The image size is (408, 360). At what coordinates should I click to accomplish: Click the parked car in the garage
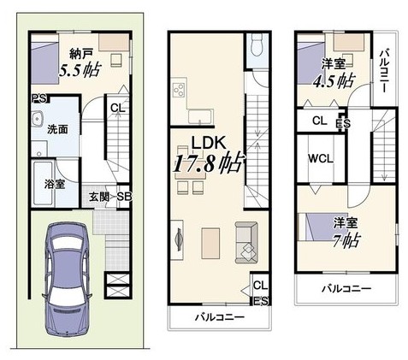pyautogui.click(x=68, y=280)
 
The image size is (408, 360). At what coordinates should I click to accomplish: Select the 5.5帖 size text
pyautogui.click(x=80, y=70)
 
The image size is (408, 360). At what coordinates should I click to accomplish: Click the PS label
pyautogui.click(x=39, y=98)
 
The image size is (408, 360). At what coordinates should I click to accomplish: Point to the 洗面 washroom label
pyautogui.click(x=57, y=130)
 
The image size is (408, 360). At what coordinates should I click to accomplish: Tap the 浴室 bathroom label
pyautogui.click(x=55, y=184)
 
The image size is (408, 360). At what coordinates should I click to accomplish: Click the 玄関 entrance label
pyautogui.click(x=98, y=197)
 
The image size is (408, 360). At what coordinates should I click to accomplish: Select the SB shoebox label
pyautogui.click(x=125, y=197)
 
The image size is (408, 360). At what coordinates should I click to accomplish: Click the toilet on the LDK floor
pyautogui.click(x=257, y=46)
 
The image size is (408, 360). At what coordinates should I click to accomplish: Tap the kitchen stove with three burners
pyautogui.click(x=179, y=90)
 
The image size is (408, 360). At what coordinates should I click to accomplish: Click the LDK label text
pyautogui.click(x=209, y=143)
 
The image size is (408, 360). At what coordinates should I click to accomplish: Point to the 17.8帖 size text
pyautogui.click(x=209, y=163)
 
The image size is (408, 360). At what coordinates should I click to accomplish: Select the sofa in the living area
pyautogui.click(x=246, y=242)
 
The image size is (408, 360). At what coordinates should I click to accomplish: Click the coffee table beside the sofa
pyautogui.click(x=210, y=243)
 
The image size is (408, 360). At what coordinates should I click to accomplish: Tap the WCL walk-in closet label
pyautogui.click(x=321, y=159)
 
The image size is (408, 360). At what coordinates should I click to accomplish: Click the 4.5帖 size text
pyautogui.click(x=334, y=81)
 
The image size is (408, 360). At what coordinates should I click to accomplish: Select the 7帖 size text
pyautogui.click(x=346, y=241)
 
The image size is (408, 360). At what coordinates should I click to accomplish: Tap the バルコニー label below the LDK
pyautogui.click(x=220, y=317)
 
